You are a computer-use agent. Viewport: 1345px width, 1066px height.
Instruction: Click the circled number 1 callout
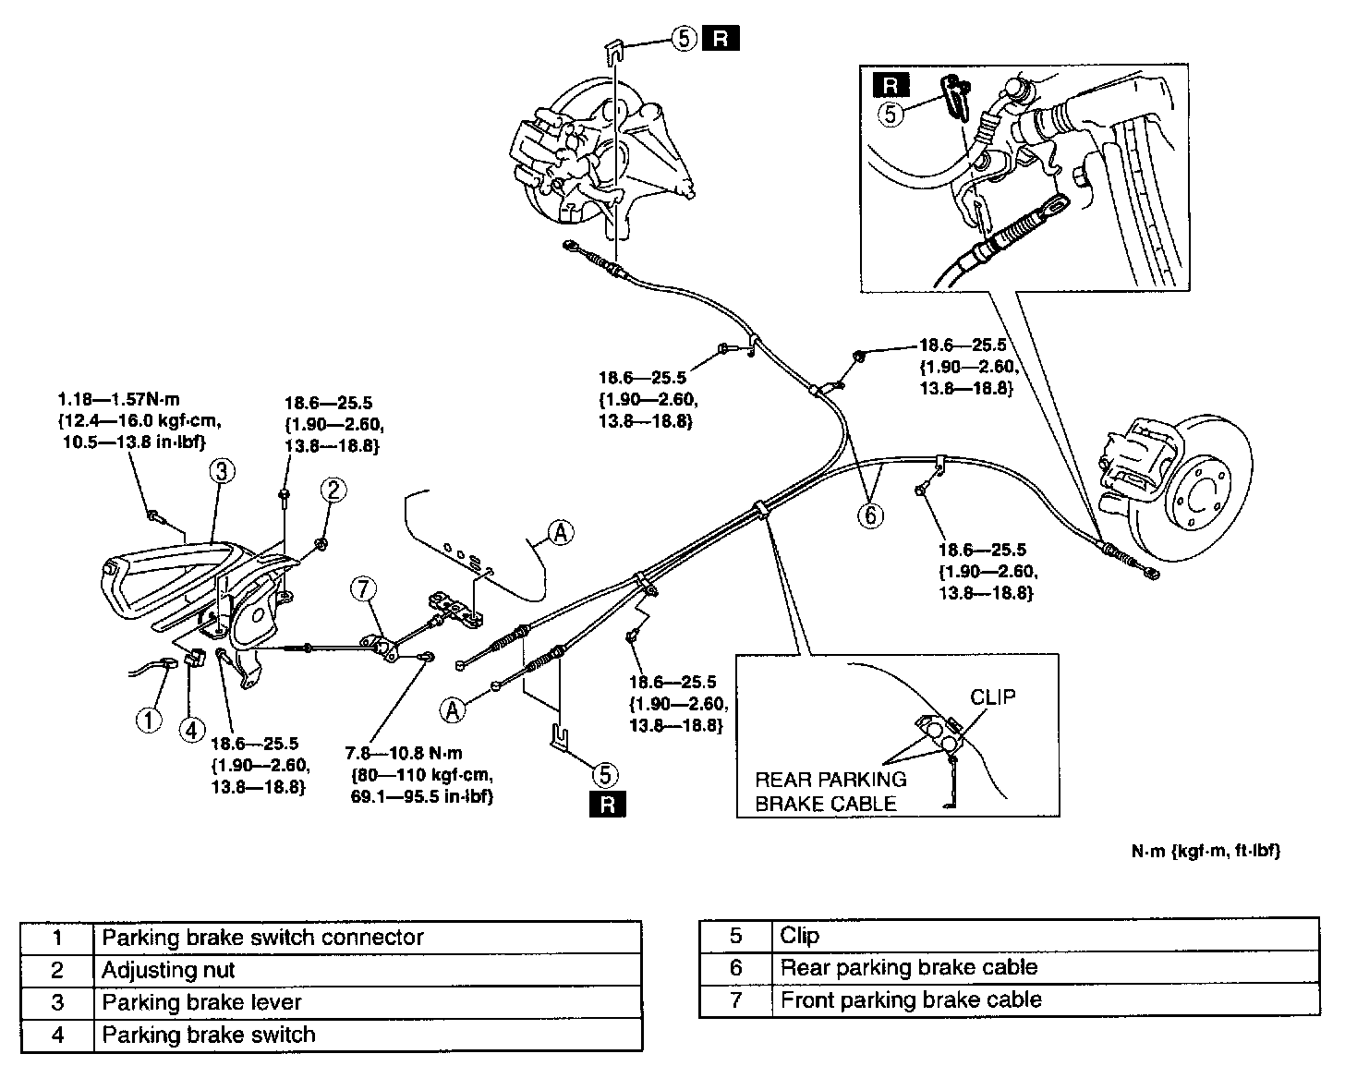[x=149, y=720]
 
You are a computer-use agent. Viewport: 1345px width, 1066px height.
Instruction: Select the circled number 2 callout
[x=333, y=490]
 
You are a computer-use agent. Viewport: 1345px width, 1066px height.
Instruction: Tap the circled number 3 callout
[x=222, y=471]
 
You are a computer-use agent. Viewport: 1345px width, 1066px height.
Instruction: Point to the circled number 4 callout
[x=192, y=730]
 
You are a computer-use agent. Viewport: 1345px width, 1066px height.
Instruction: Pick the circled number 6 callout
[x=870, y=515]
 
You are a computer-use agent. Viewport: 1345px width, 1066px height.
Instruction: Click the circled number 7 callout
[x=364, y=589]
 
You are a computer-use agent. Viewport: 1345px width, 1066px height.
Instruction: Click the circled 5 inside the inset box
[x=891, y=115]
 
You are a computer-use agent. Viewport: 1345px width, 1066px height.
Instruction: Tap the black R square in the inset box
[x=891, y=85]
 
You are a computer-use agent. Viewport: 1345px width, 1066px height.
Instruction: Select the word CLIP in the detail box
[x=992, y=697]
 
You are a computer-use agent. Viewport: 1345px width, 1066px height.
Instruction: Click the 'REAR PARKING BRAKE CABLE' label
[x=830, y=791]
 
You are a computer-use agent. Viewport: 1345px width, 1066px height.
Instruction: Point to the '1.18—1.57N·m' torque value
[x=119, y=399]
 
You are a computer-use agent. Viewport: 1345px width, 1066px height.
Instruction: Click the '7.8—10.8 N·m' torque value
[x=404, y=753]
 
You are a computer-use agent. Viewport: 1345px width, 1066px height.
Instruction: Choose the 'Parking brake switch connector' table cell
[x=368, y=938]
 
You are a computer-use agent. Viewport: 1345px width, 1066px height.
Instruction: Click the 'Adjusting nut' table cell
[x=368, y=970]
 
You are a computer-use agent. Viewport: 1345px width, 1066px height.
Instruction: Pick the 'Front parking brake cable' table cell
[x=1046, y=999]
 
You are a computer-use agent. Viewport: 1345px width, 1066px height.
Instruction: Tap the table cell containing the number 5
[x=735, y=936]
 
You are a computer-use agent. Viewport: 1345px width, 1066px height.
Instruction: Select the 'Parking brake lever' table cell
[x=368, y=1002]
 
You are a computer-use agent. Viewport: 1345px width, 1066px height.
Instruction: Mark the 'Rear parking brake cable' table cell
[x=1046, y=967]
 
